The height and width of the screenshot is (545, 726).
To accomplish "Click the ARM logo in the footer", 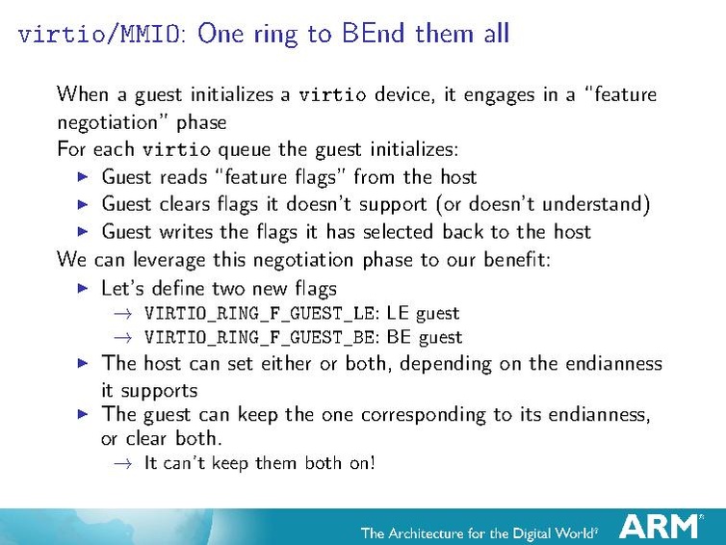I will coord(660,526).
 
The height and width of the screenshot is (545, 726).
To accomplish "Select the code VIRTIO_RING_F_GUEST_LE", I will coord(261,313).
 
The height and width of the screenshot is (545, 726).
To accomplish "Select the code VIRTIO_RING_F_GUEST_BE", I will coord(261,337).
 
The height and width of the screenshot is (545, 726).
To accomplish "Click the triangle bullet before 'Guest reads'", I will coord(82,177).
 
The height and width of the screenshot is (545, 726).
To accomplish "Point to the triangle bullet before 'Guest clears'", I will coord(82,204).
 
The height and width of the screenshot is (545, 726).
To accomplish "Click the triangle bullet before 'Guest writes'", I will coord(82,231).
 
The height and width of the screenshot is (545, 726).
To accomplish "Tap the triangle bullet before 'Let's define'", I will coord(82,288).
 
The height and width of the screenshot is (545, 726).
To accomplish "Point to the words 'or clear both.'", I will coord(162,438).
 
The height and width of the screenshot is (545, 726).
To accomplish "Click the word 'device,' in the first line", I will coord(405,94).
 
